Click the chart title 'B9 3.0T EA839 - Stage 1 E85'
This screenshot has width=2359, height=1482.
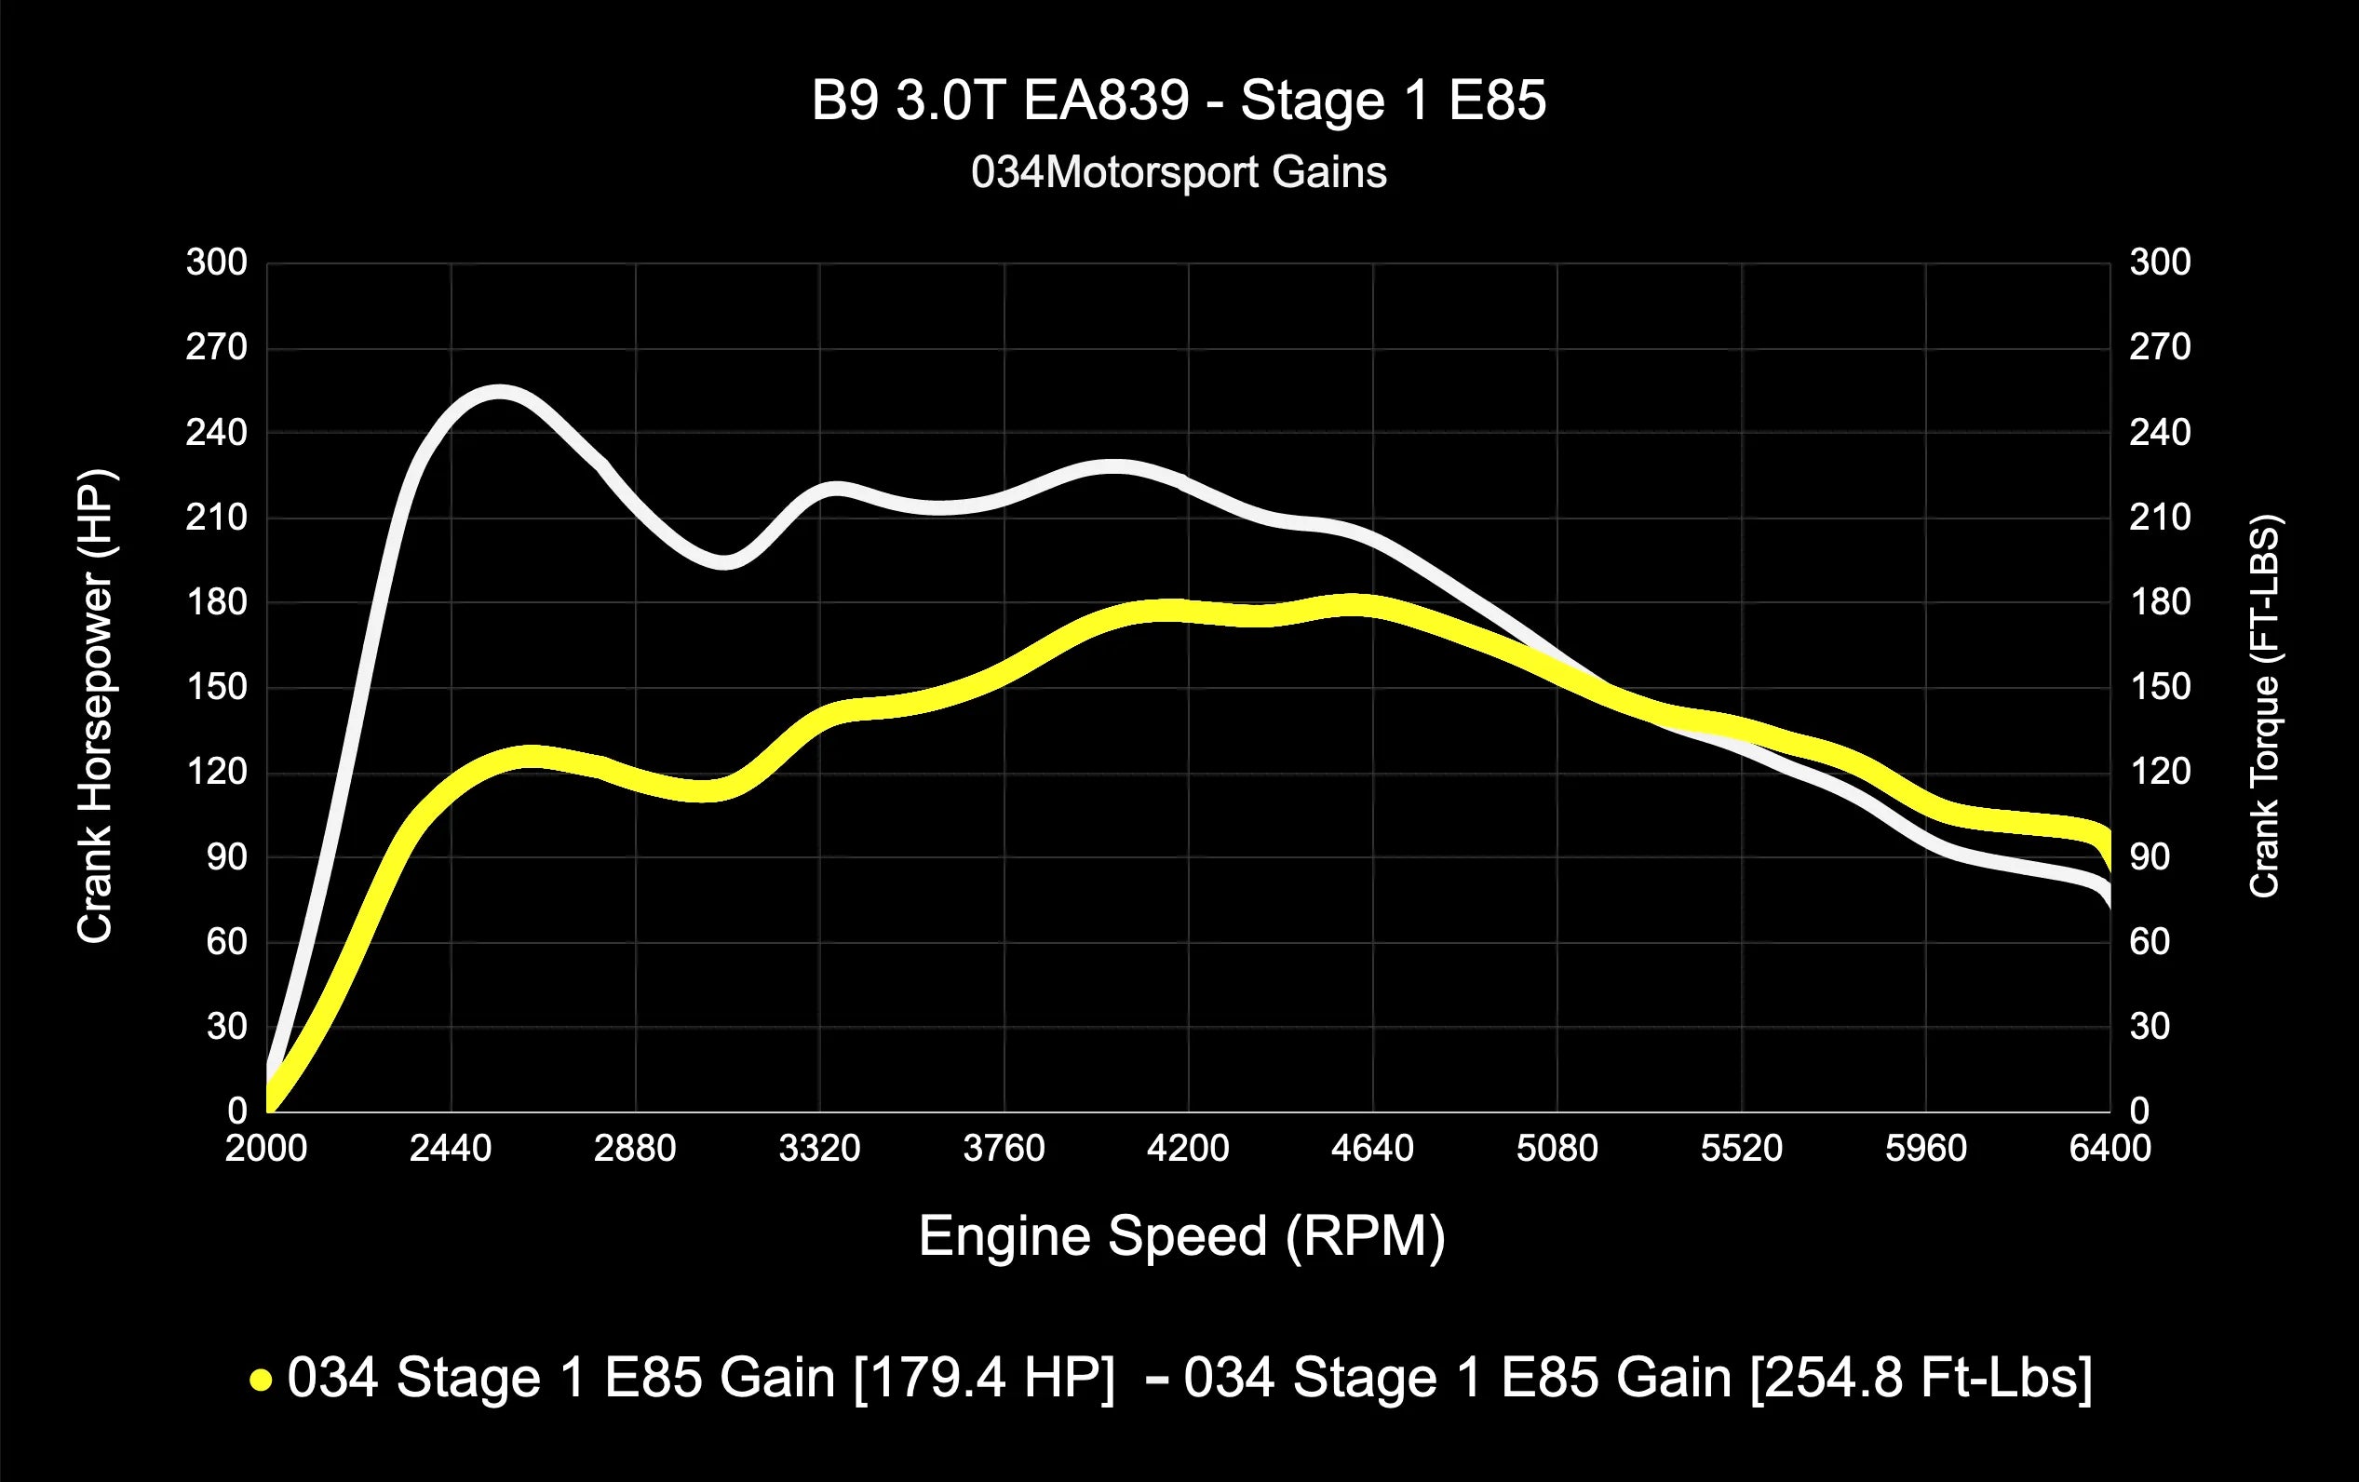[1179, 101]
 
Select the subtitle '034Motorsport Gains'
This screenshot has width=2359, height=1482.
[1179, 173]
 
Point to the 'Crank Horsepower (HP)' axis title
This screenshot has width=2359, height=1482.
[96, 707]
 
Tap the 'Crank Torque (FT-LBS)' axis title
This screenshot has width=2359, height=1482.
[2264, 707]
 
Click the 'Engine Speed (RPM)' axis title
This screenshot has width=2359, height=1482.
[1181, 1236]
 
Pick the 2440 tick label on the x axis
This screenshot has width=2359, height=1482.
[451, 1148]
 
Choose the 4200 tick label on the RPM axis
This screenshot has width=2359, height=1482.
[1187, 1148]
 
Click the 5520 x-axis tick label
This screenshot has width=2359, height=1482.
[1741, 1148]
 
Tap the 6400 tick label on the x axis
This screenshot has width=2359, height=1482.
[2110, 1148]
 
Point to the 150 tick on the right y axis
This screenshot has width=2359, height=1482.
[2160, 688]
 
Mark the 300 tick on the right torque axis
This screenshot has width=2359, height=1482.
[2160, 263]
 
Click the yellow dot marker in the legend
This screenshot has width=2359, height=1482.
[261, 1381]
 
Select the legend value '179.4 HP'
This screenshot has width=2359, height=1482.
[985, 1378]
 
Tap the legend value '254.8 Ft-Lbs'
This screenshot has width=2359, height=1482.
[1921, 1378]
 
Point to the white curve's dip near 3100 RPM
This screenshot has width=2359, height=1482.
[725, 562]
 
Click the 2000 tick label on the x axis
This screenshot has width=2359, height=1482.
[266, 1148]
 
